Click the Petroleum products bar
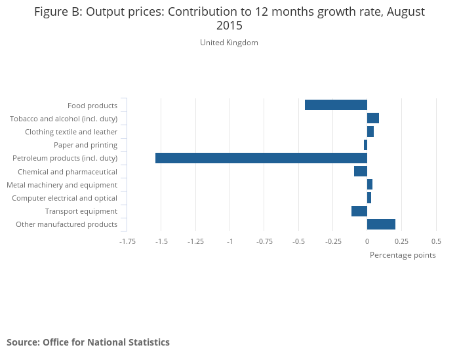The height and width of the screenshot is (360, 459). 261,158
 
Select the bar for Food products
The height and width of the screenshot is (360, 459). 336,105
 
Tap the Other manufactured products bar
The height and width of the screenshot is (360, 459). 381,224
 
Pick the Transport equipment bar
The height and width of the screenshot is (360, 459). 359,211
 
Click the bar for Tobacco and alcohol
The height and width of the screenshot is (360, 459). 373,118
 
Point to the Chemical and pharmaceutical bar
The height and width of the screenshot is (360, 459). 361,171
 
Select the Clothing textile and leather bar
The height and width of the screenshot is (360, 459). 370,132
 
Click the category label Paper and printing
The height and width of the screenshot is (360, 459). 85,145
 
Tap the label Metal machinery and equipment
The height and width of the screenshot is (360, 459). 62,185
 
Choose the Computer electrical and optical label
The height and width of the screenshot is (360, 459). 64,198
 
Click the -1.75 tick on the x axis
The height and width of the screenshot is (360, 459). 127,241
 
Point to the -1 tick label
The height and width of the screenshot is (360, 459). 230,241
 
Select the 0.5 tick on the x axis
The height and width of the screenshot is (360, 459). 436,241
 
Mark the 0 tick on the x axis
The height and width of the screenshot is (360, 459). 367,241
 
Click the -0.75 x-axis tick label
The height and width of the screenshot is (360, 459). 264,241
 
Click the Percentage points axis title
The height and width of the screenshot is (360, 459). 403,255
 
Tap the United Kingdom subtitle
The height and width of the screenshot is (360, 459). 229,43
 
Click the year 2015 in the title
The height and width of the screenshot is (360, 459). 229,26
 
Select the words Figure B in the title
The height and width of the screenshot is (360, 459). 58,12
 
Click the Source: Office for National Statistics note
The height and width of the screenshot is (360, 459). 88,342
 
